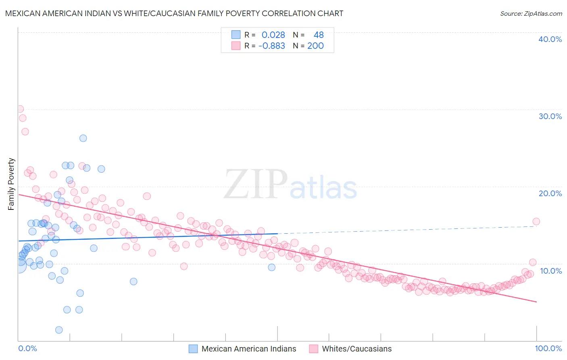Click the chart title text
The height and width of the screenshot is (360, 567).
tap(174, 13)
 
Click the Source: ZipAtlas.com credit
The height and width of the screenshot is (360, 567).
tap(531, 13)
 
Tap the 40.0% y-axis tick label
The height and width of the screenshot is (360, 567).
tap(550, 39)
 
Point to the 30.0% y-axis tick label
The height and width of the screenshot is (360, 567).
tap(550, 116)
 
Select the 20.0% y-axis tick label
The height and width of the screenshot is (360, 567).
tap(550, 193)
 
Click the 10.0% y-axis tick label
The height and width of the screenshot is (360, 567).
tap(550, 271)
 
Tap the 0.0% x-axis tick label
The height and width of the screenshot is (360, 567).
tap(27, 348)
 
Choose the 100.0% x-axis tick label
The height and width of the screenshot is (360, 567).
tap(548, 348)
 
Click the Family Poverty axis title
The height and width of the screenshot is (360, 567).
tap(11, 184)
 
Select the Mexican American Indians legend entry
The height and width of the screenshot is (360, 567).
tap(242, 349)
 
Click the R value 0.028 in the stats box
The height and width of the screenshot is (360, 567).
tap(273, 35)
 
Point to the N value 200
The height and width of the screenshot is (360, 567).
tap(315, 46)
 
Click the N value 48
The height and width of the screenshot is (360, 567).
tap(319, 35)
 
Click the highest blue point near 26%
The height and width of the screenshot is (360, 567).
tap(83, 138)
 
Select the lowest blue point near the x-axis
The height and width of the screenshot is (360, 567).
tap(59, 330)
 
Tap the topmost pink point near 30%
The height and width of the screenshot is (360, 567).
tap(20, 109)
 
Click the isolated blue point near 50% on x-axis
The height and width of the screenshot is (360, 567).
tap(272, 267)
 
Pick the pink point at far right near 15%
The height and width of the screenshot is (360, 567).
tap(536, 221)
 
